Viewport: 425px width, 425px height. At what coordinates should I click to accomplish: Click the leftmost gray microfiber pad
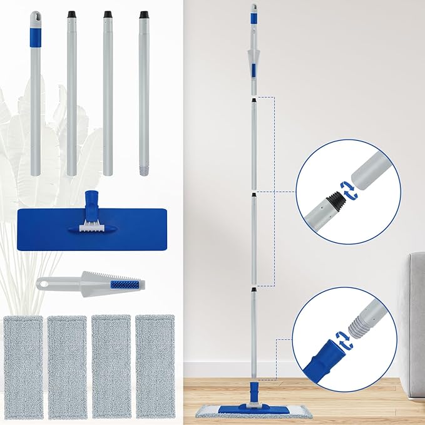(23, 366)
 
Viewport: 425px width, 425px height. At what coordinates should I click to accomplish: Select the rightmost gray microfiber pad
(155, 366)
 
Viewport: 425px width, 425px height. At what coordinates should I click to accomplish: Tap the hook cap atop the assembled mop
(253, 9)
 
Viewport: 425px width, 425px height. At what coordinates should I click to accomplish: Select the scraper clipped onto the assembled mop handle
(253, 62)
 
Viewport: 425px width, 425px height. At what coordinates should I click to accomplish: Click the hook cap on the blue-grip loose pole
(35, 15)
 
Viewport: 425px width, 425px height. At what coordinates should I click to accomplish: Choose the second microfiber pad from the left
(67, 366)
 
